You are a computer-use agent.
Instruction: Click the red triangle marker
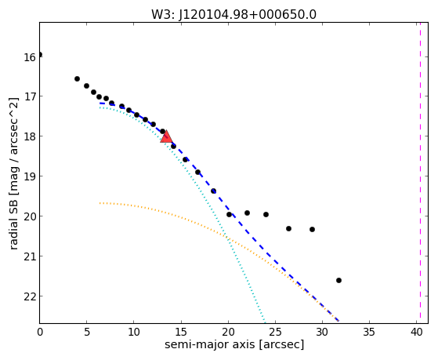click(x=166, y=136)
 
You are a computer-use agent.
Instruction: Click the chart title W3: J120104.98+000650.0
click(x=233, y=15)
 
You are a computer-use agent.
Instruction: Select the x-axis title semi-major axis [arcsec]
click(x=234, y=344)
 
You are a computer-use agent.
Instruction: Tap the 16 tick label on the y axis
click(x=30, y=57)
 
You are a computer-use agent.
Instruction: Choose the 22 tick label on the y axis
click(x=30, y=296)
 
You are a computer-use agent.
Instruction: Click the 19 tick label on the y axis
click(x=30, y=176)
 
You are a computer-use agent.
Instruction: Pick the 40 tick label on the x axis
click(x=416, y=332)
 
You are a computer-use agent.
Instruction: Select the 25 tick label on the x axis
click(x=275, y=332)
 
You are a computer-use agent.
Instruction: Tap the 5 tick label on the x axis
click(x=87, y=332)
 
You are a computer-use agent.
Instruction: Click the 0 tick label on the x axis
click(x=40, y=332)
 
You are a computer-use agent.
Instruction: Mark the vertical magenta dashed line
click(x=420, y=173)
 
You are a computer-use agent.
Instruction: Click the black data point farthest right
click(x=338, y=280)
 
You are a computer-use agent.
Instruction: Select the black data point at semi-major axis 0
click(x=40, y=54)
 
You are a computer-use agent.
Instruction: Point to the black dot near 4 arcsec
click(x=77, y=79)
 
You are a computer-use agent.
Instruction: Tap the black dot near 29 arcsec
click(x=313, y=229)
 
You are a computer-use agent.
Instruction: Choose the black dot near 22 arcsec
click(x=248, y=213)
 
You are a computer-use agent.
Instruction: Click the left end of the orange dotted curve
click(x=100, y=203)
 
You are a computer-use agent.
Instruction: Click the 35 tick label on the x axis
click(x=369, y=332)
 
